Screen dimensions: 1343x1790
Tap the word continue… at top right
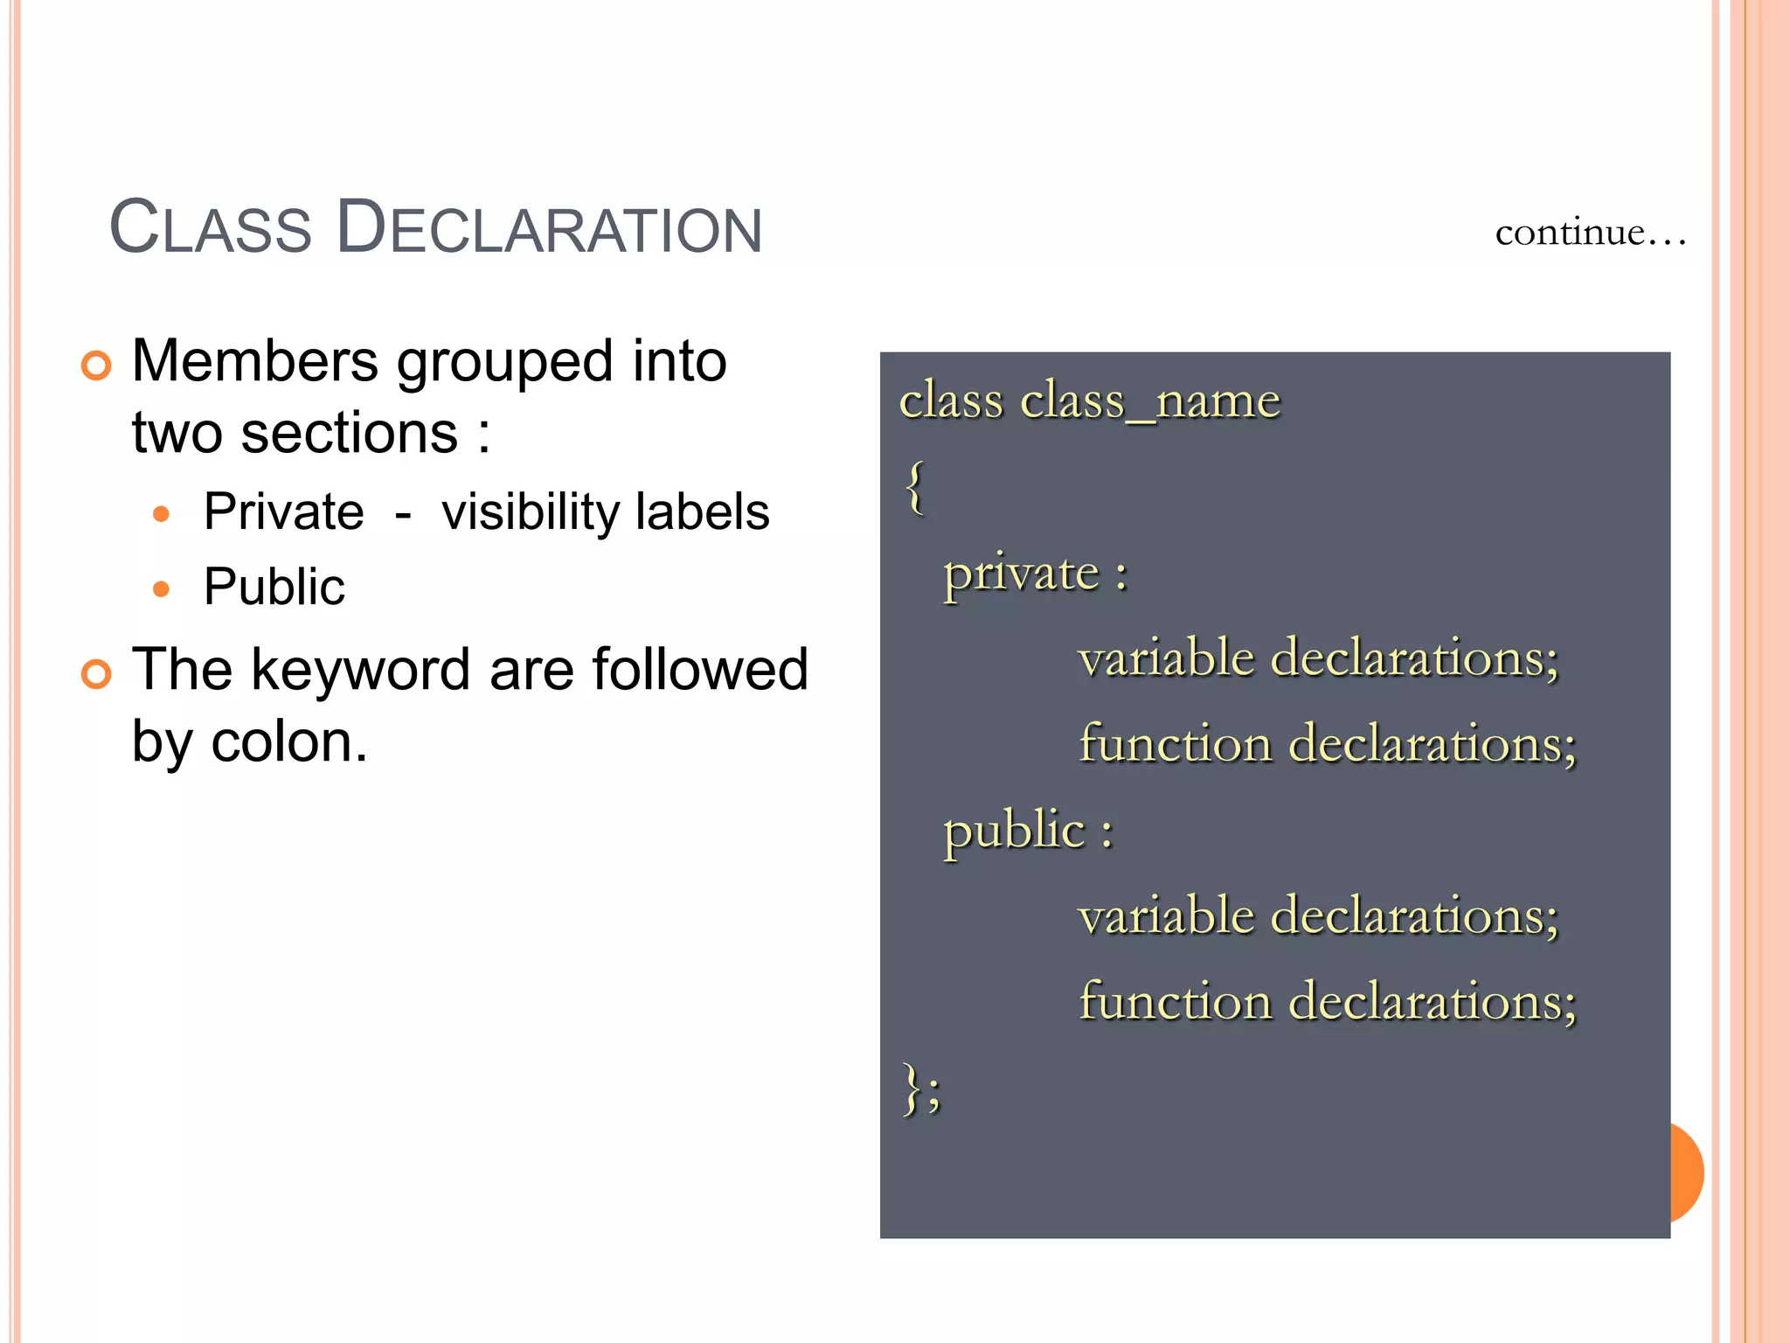pos(1590,233)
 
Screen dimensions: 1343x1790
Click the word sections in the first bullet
pos(349,433)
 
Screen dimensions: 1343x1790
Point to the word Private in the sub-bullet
pos(283,511)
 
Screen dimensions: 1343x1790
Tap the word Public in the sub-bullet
pos(274,587)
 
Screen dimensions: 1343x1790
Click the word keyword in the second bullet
pos(362,670)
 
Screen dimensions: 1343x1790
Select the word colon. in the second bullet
pos(289,742)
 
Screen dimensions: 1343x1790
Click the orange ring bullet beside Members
pos(96,365)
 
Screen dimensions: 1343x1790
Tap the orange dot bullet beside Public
pos(161,589)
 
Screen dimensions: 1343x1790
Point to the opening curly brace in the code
pos(914,488)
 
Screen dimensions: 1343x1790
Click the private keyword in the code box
pos(1021,574)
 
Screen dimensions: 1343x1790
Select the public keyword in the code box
pos(1014,831)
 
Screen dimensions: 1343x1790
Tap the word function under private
pos(1175,744)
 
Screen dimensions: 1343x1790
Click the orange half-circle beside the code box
pos(1687,1173)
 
